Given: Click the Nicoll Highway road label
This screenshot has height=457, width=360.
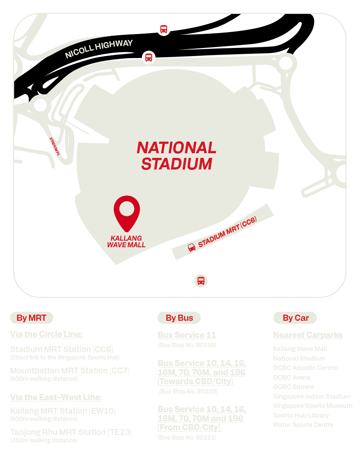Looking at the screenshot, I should tap(99, 49).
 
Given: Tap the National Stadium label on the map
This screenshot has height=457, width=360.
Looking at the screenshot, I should tap(176, 156).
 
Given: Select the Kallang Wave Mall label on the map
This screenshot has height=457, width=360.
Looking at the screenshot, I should tap(126, 241).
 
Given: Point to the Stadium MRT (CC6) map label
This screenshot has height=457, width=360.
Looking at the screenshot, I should tap(227, 233).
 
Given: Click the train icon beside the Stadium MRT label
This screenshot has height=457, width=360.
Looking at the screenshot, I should tap(191, 247).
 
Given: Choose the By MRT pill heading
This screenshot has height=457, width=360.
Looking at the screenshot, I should tap(31, 318).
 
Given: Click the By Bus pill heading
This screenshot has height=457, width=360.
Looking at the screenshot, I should tap(179, 318).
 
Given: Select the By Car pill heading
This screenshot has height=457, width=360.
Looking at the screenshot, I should tap(296, 318).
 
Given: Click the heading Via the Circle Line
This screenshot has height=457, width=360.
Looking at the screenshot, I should tap(46, 334).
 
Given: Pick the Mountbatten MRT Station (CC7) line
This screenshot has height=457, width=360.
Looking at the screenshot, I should tap(70, 371).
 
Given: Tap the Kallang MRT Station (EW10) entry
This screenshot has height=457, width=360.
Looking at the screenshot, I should tap(63, 411).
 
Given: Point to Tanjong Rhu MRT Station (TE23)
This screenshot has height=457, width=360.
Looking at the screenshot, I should tap(71, 432).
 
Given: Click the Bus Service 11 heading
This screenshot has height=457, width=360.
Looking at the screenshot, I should tap(187, 335).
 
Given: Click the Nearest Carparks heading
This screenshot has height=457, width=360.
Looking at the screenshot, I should tap(308, 335).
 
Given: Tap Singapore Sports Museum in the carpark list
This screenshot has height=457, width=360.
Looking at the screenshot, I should tap(312, 406).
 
